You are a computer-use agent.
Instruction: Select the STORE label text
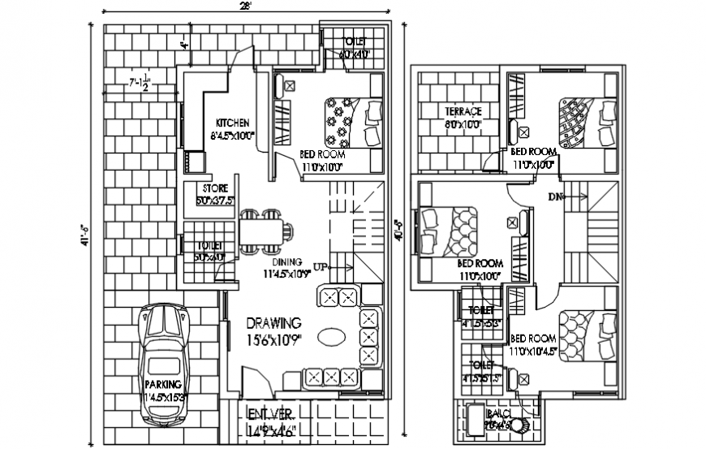(x=215, y=189)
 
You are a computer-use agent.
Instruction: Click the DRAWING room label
(x=273, y=323)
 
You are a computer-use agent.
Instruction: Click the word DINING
(x=287, y=262)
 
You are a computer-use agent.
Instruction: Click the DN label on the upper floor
(x=555, y=196)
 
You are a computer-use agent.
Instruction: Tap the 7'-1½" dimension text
(x=141, y=84)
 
